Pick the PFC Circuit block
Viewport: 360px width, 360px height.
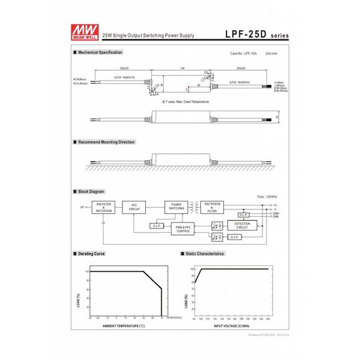(x=134, y=207)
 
